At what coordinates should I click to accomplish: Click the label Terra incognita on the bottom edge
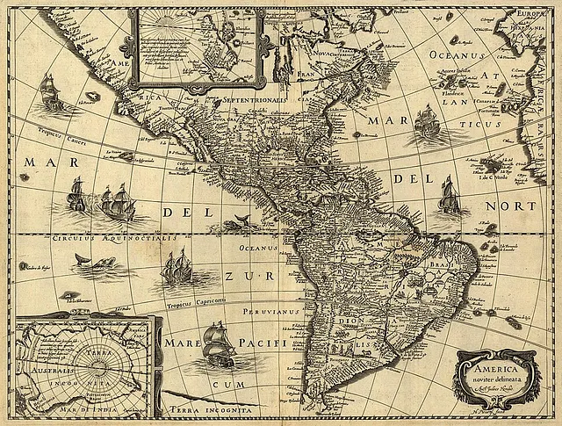[x=214, y=410]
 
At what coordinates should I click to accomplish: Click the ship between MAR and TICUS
[x=426, y=122]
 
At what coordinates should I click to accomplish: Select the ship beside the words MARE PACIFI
[x=215, y=343]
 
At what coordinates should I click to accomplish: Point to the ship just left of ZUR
[x=177, y=268]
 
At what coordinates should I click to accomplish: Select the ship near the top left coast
[x=49, y=91]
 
